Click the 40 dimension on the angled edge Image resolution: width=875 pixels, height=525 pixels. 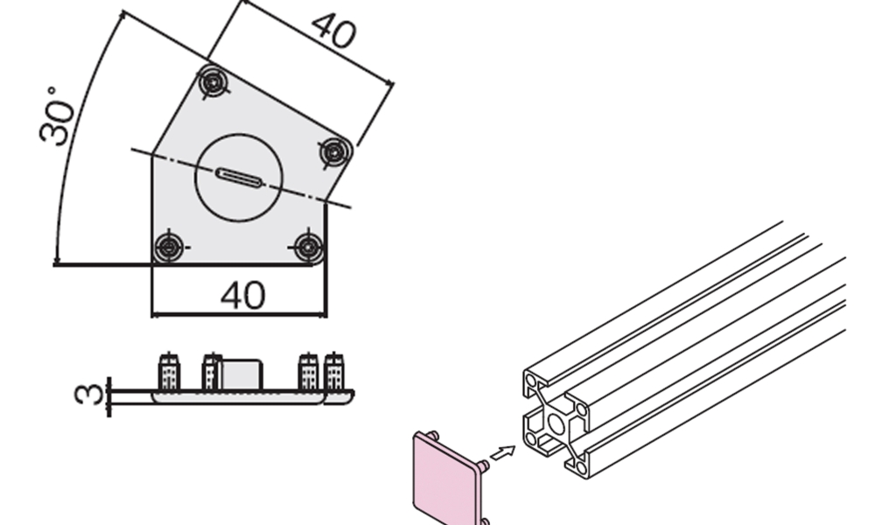pos(333,31)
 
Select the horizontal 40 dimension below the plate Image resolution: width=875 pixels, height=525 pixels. pos(242,295)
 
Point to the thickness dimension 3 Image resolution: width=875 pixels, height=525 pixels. pos(88,393)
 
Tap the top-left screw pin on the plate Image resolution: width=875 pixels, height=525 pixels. pos(213,82)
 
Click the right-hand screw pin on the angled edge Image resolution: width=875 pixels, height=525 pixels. pos(334,151)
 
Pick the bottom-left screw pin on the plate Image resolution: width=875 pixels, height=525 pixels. pos(169,247)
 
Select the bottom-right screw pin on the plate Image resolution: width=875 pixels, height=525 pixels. pos(309,247)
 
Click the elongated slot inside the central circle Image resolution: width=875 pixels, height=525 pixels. pos(238,178)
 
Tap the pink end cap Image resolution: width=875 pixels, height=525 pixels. pos(447,478)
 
